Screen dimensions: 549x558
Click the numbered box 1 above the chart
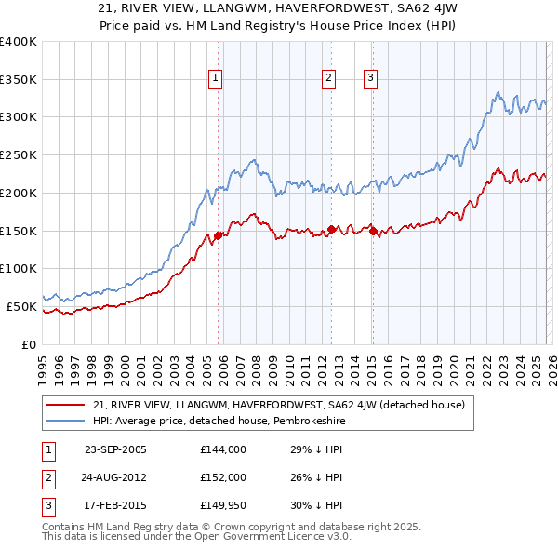[x=215, y=79]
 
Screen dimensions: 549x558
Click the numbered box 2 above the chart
[x=329, y=79]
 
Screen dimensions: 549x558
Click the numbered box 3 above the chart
[x=370, y=79]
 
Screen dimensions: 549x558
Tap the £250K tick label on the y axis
[x=19, y=154]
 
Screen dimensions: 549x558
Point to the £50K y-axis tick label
[x=22, y=306]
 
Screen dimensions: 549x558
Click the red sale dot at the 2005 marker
[x=219, y=235]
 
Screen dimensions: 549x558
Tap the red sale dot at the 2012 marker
[x=332, y=229]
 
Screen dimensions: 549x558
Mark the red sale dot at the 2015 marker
[x=373, y=231]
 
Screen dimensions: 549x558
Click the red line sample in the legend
[x=66, y=405]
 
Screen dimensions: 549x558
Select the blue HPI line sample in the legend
[x=66, y=421]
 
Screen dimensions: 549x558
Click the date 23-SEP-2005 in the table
[x=115, y=449]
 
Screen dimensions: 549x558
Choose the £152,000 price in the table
[x=222, y=477]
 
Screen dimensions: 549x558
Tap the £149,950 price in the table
[x=222, y=505]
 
